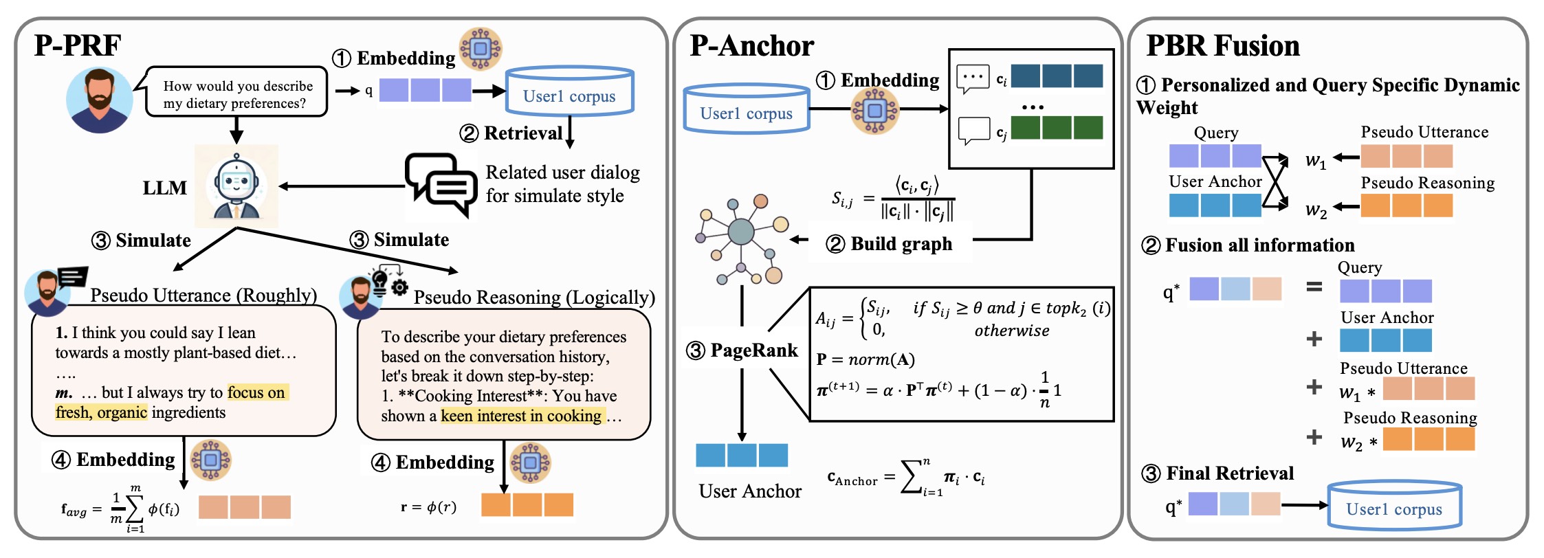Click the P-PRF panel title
78,45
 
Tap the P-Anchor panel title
751,46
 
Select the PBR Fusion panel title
1223,46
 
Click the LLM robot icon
236,186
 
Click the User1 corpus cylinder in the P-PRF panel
569,91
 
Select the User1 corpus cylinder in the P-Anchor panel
747,109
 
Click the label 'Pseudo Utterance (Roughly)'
203,295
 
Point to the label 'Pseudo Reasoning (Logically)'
534,298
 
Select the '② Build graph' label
890,244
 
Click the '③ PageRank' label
742,350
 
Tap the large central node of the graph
740,232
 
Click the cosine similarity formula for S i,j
892,199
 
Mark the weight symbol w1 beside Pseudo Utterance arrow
1316,160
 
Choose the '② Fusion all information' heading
1247,245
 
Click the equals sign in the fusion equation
1314,287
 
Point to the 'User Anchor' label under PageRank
750,491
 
